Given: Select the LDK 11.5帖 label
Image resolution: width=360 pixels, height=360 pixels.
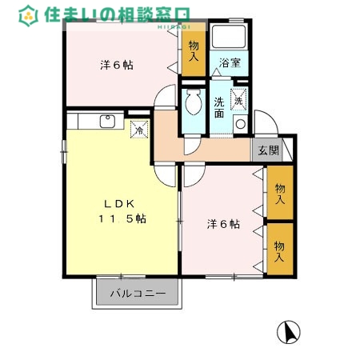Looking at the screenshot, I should coord(122,210).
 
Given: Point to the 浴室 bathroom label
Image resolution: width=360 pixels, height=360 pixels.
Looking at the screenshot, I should coord(230,62).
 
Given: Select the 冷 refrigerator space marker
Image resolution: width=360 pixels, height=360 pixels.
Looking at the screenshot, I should coord(139,128).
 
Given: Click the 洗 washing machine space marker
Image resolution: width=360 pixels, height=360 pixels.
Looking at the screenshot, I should coord(238,100).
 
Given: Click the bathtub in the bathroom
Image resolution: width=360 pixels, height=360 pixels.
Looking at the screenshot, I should coord(230,38).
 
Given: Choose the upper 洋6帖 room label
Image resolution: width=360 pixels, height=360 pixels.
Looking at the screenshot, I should coord(116,65).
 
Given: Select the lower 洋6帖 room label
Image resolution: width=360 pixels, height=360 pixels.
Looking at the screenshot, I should coord(223,224).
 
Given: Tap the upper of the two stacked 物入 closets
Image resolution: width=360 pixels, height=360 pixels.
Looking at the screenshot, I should coord(279,194).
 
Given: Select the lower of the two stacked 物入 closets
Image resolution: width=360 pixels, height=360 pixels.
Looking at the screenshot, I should coord(279,250).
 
